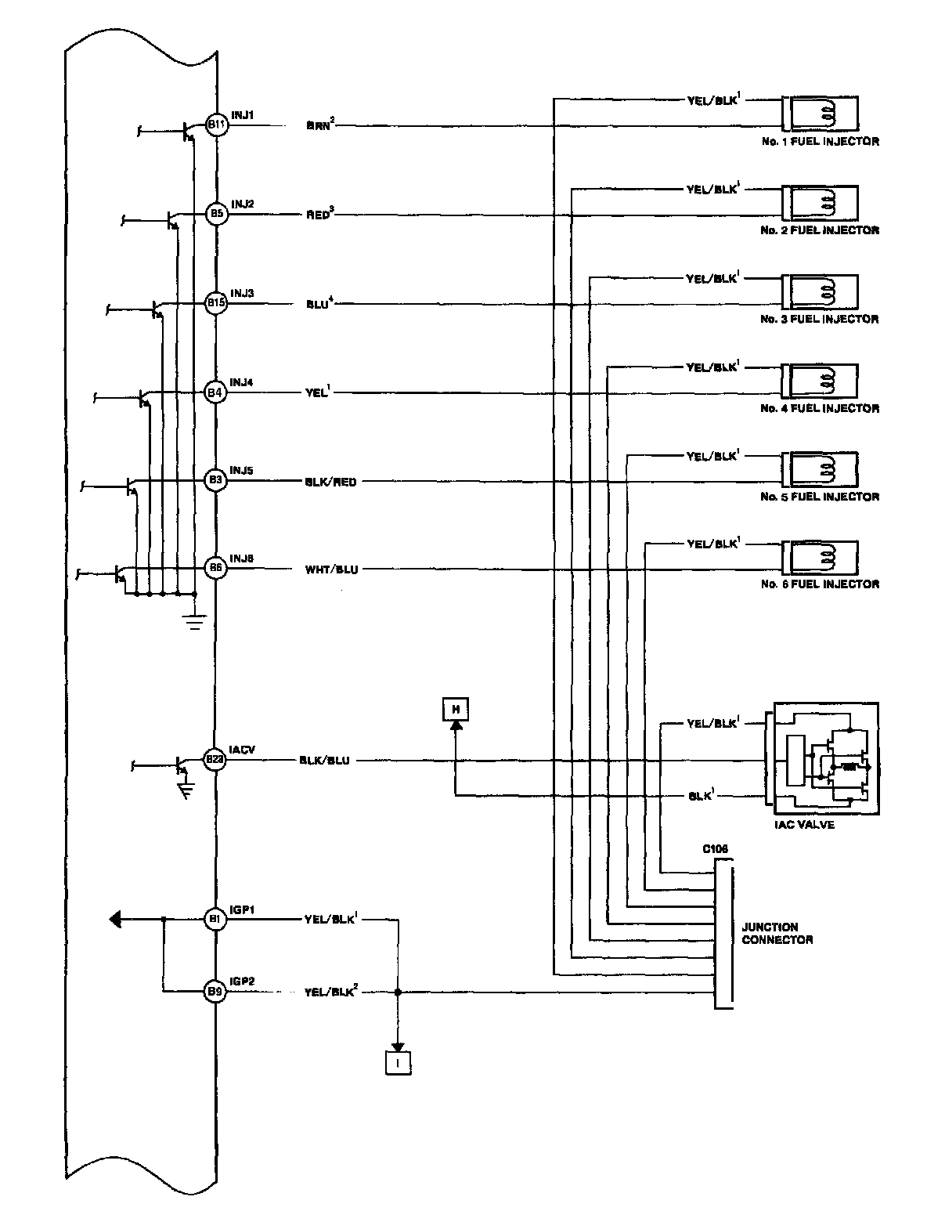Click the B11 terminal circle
point(216,125)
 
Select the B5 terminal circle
point(216,214)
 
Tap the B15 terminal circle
point(216,303)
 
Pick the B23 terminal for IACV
point(215,759)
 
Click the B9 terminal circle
point(216,991)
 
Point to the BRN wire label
point(320,125)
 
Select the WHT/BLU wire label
point(331,569)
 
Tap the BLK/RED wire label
point(330,482)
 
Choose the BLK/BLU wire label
point(324,760)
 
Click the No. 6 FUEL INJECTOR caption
point(819,584)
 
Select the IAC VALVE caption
point(803,825)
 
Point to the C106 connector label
point(715,849)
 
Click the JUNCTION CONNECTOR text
point(777,933)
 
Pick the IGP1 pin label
point(243,910)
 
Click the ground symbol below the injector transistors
point(193,623)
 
